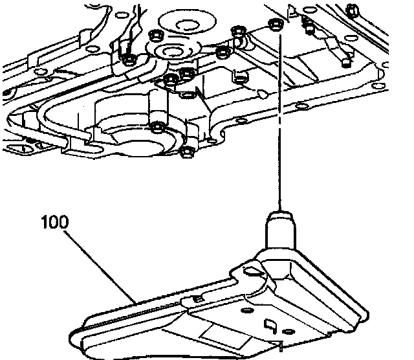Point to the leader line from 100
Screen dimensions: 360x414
tap(103, 265)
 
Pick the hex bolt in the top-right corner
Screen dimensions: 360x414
tap(353, 9)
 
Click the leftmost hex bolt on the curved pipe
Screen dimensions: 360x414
tap(128, 60)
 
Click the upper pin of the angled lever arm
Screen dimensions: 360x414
tap(310, 26)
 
